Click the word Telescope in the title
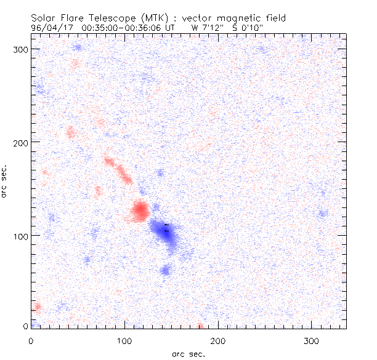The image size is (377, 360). tap(105, 18)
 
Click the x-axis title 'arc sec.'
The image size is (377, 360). tap(188, 354)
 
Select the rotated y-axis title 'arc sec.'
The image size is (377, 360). tap(6, 182)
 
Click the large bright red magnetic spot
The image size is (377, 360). tap(140, 211)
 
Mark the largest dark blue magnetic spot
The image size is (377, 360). tap(165, 233)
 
